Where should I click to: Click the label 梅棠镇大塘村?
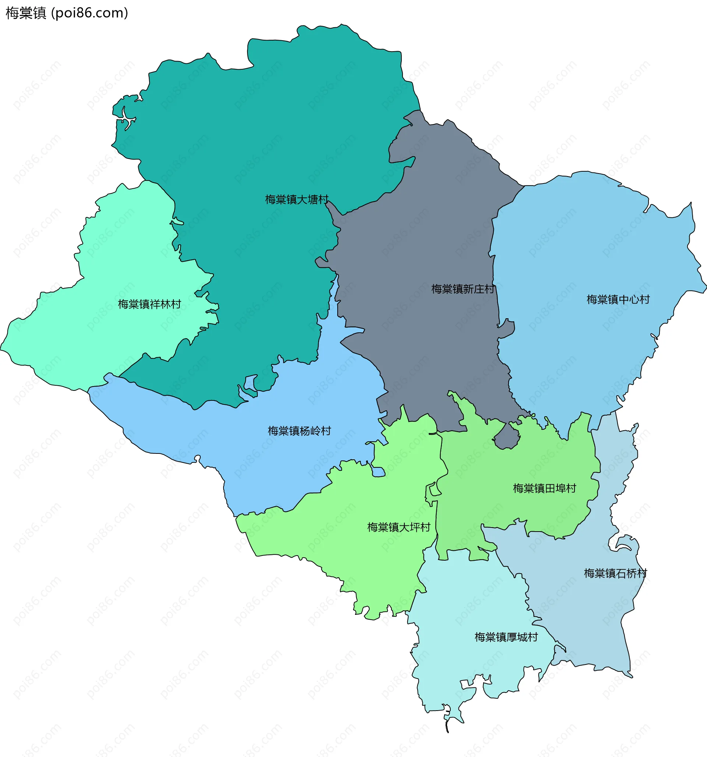click(x=296, y=200)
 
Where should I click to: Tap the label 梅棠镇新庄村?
click(x=462, y=289)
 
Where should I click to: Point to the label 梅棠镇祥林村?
click(x=149, y=304)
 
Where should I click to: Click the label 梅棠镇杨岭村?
click(x=299, y=431)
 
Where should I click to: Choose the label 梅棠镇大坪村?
click(x=399, y=527)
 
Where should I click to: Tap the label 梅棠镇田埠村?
click(x=545, y=488)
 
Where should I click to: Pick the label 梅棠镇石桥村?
click(x=615, y=573)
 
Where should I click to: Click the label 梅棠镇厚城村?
click(x=506, y=637)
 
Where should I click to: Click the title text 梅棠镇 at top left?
click(x=26, y=13)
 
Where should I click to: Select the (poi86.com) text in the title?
click(x=89, y=13)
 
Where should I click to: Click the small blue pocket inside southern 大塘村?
click(x=250, y=383)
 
